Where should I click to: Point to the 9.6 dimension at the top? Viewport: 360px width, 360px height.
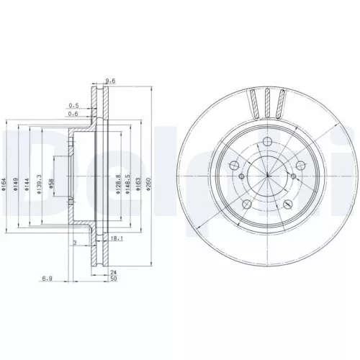coord(110,81)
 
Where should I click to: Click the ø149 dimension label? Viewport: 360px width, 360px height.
coord(19,186)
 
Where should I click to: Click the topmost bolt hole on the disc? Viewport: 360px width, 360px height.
coord(266,142)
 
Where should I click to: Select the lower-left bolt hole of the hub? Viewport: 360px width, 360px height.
coord(246,205)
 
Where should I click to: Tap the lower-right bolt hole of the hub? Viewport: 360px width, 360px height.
coord(287,205)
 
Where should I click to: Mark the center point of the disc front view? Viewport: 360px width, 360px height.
coord(266,177)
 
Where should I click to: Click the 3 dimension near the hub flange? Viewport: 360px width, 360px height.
coord(74,244)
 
